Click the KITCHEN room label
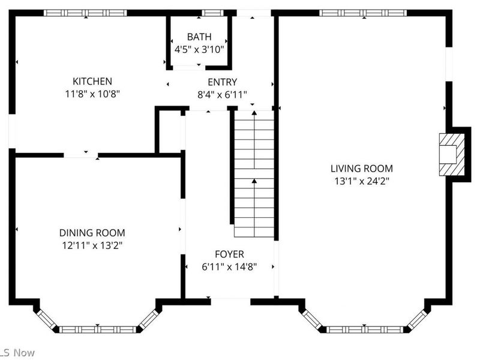(92, 81)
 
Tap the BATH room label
(199, 37)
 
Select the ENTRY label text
(222, 82)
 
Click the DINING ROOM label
(92, 233)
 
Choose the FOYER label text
(229, 254)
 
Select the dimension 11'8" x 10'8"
(92, 94)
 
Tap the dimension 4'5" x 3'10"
(199, 49)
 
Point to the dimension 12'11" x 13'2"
(92, 245)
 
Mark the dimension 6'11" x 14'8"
(229, 267)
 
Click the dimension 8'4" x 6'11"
(222, 94)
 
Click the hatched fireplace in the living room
(451, 154)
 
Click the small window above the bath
(211, 13)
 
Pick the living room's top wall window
(362, 13)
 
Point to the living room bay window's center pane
(366, 329)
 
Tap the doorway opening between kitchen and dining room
(81, 155)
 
